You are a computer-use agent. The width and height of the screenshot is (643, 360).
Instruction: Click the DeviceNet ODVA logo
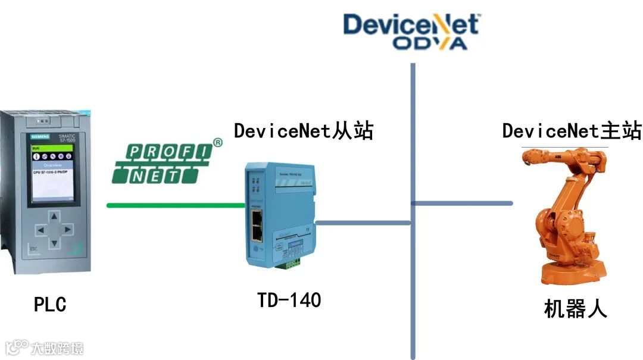click(x=411, y=32)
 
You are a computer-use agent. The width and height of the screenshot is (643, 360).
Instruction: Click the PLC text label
click(x=50, y=305)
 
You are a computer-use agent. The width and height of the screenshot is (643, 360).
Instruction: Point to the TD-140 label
click(x=289, y=300)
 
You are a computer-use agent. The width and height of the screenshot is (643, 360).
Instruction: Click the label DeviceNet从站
click(x=303, y=130)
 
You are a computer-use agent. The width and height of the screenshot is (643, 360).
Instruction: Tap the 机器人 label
click(x=575, y=309)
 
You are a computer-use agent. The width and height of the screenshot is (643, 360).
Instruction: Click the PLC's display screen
click(x=55, y=172)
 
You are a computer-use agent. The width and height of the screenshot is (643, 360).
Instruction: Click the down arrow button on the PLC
click(x=55, y=243)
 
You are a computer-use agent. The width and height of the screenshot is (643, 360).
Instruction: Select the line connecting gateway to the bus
click(x=363, y=223)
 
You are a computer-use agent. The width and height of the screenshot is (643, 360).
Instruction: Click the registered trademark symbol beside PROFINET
click(x=218, y=143)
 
